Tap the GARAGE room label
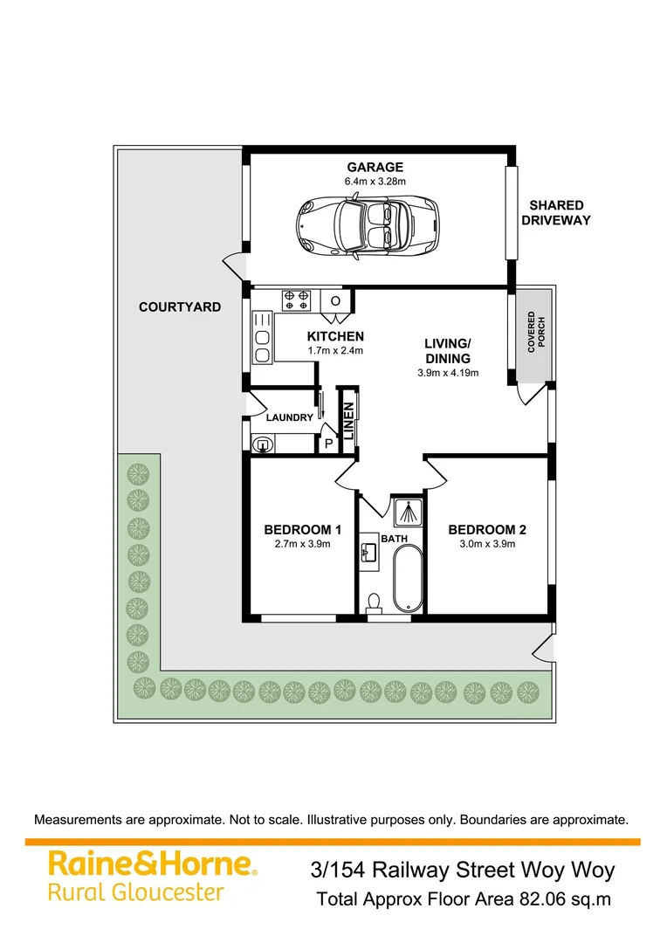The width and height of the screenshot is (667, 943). click(375, 167)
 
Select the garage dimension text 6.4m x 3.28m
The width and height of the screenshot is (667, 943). click(375, 182)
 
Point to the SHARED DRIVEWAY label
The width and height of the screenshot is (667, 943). click(555, 213)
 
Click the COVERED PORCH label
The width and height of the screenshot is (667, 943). click(535, 332)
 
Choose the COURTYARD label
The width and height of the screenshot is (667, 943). click(180, 307)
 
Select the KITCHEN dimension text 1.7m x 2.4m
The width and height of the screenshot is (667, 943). click(334, 350)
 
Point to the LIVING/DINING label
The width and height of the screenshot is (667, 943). click(448, 351)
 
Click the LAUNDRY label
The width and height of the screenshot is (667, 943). click(289, 417)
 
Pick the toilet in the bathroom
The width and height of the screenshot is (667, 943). click(375, 602)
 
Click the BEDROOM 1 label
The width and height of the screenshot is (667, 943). click(302, 529)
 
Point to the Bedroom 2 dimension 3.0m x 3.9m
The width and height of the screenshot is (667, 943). click(487, 544)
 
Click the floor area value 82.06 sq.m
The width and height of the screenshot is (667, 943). click(565, 898)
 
